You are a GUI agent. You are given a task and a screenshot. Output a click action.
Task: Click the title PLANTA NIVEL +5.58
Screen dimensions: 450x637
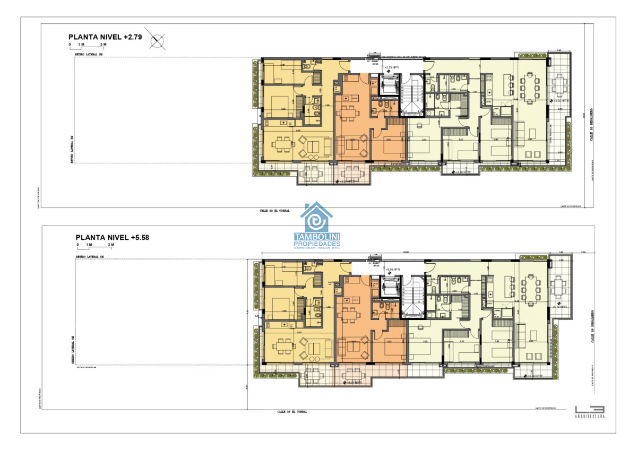coord(112,238)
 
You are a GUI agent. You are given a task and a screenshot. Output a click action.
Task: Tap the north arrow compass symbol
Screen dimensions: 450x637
coord(158,39)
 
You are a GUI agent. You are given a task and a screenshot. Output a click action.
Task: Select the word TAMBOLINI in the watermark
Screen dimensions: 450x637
coord(317,237)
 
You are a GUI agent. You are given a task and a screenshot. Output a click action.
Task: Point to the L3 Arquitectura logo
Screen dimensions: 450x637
coord(589,411)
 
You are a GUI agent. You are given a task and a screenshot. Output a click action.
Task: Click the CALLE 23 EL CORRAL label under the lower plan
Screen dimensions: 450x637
coord(292,411)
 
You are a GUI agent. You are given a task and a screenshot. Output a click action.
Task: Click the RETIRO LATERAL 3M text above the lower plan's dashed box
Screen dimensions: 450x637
coord(90,256)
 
